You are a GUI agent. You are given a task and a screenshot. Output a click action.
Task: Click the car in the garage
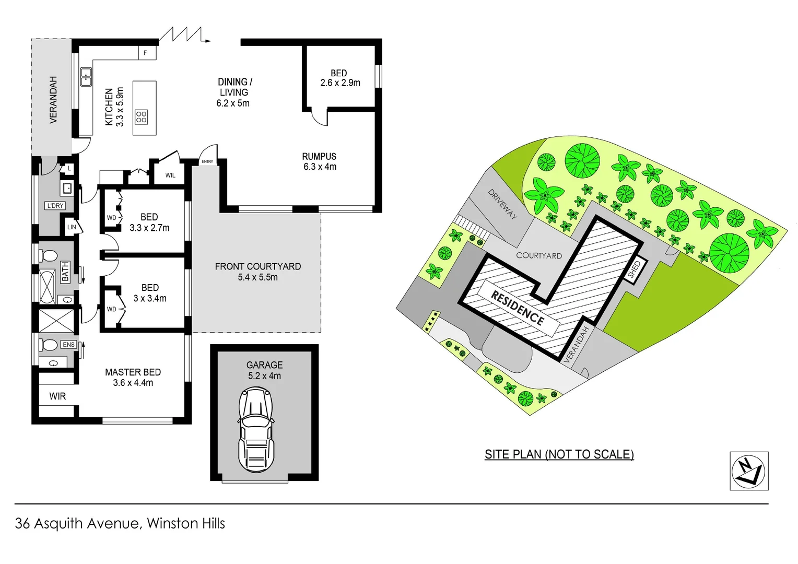(x=256, y=430)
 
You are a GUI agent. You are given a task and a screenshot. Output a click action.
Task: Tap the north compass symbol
(x=748, y=471)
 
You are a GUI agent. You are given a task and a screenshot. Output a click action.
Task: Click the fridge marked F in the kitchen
(x=146, y=53)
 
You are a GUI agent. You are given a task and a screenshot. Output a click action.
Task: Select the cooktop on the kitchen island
(x=142, y=116)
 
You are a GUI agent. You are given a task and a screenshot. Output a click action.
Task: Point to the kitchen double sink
(x=86, y=77)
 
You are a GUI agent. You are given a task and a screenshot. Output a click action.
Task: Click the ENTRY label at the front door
(x=207, y=161)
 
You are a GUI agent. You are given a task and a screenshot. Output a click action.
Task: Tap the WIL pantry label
(x=170, y=175)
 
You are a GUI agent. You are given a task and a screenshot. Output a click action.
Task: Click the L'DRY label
(x=55, y=206)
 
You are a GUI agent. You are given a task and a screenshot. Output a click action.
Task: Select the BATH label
(x=65, y=272)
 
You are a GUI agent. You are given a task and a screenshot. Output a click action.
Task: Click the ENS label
(x=68, y=345)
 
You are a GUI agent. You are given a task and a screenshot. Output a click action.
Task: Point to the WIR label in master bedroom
(x=57, y=396)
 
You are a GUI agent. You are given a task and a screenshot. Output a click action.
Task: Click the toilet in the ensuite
(x=49, y=345)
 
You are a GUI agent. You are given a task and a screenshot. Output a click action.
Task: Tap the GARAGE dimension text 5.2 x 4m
(x=264, y=376)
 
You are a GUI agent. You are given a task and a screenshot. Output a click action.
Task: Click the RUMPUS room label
(x=319, y=156)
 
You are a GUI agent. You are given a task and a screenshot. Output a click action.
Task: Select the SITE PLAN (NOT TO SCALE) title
(x=559, y=454)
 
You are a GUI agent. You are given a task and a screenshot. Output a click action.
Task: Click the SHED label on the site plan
(x=634, y=269)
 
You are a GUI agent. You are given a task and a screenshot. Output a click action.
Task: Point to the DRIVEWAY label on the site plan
(x=502, y=203)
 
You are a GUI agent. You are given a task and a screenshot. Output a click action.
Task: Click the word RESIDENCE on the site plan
(x=517, y=308)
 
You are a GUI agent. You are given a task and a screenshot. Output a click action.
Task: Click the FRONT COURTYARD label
(x=258, y=266)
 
